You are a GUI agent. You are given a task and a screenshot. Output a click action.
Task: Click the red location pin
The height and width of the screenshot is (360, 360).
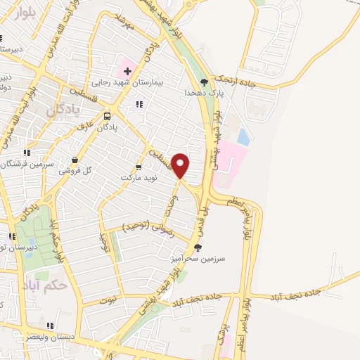coord(181,165)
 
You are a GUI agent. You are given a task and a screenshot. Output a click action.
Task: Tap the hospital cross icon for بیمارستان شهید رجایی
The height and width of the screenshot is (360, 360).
coord(127,71)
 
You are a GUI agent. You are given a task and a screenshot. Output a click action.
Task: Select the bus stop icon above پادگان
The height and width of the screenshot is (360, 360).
coord(107,116)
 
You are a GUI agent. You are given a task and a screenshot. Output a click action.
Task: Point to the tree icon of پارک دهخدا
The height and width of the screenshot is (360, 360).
coord(205,81)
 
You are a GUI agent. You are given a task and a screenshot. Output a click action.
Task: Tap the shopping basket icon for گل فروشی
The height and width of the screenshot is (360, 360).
coord(75,160)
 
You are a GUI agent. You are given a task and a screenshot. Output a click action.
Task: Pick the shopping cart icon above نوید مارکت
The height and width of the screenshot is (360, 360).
coord(138,167)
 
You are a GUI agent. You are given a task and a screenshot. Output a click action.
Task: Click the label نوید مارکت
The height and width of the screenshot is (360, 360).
coord(137,177)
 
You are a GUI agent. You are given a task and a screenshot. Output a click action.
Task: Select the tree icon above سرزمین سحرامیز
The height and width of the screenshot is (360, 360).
coord(198,247)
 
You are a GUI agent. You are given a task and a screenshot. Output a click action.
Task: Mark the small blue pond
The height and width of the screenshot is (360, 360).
coord(243,136)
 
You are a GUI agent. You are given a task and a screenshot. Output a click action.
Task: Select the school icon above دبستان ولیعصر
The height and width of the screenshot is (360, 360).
coord(49,326)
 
